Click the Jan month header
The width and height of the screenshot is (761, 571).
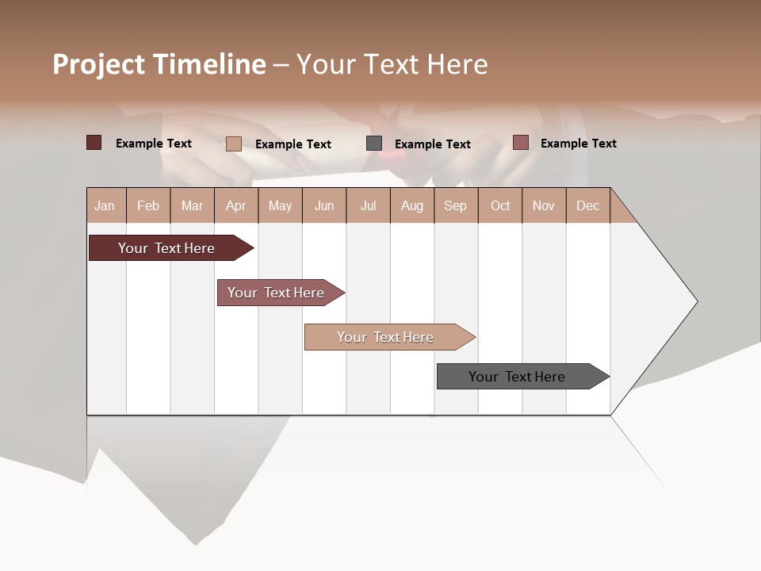click(105, 205)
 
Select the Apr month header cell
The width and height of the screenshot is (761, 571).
click(235, 205)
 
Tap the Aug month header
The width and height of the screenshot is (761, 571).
click(411, 205)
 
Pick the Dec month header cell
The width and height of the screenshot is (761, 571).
click(587, 205)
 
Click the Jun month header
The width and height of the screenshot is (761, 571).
click(323, 205)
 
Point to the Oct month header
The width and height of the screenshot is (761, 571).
click(499, 205)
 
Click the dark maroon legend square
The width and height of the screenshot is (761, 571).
click(94, 143)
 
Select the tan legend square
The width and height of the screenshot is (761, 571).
click(234, 144)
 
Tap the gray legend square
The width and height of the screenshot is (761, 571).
click(374, 144)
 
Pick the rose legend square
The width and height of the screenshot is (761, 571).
click(521, 143)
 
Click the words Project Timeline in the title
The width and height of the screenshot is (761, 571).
click(159, 64)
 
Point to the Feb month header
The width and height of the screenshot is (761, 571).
click(148, 205)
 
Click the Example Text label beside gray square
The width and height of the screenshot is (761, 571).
click(432, 144)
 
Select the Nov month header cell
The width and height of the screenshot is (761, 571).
click(544, 205)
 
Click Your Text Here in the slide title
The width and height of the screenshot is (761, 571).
click(392, 64)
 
